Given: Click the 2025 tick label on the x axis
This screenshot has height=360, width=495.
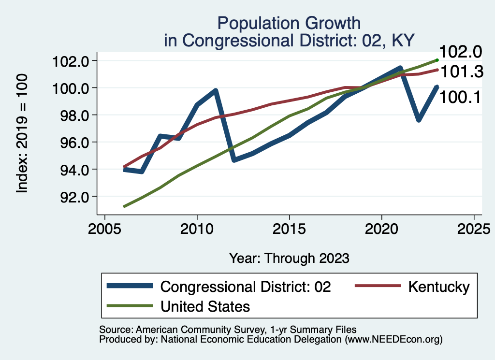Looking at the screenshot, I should tap(474, 228).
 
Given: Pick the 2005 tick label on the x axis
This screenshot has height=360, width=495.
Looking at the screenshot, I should tap(105, 228).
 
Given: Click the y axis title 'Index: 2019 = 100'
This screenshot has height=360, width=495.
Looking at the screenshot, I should tap(22, 133).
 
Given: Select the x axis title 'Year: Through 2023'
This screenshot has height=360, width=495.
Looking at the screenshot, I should tap(289, 258).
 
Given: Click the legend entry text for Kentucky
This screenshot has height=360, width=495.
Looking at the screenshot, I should tap(438, 287).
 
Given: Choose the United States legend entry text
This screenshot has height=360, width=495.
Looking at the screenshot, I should tap(205, 306).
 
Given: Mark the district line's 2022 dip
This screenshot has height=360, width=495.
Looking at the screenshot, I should tap(419, 120).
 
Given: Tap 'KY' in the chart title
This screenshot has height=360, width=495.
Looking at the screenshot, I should tap(403, 40).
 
